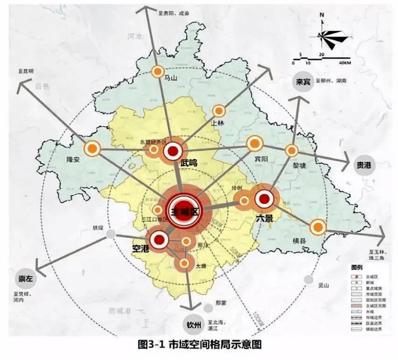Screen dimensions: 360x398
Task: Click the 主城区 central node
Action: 184,211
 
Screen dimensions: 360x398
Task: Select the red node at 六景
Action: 264,198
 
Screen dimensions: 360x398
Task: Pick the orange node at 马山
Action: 158,71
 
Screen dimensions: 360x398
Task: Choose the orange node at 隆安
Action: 92,148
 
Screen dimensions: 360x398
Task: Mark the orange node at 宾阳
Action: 255,143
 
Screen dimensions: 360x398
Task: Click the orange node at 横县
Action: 318,227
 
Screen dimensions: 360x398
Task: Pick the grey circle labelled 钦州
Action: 193,325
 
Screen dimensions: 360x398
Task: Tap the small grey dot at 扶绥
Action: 110,234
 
